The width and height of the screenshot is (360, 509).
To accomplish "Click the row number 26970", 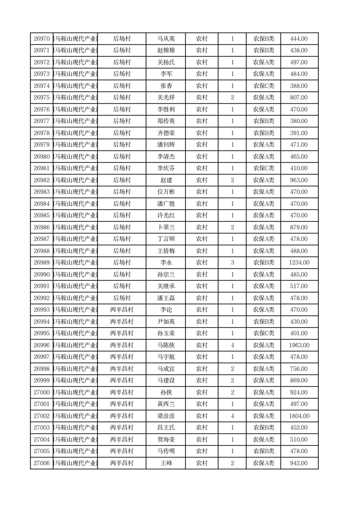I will (42, 39).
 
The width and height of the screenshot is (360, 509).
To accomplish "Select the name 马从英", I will (166, 39).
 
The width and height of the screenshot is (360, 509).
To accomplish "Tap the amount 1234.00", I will (299, 263).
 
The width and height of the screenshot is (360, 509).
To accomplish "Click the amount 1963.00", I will (299, 345).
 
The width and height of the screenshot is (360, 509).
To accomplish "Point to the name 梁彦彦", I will (166, 416).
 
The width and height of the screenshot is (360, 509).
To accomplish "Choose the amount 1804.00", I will (299, 416).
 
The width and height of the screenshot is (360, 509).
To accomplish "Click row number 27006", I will (42, 463).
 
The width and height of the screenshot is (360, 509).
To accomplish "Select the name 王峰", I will (166, 463).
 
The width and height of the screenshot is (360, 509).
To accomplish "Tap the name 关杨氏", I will (166, 62).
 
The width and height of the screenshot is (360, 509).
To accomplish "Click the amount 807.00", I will (299, 98).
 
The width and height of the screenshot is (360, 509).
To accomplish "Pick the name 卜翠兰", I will (166, 227).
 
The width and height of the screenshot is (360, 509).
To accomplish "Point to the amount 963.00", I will (299, 180).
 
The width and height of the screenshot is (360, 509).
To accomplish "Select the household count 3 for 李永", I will (232, 263).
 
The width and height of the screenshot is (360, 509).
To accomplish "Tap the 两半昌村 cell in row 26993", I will (122, 310).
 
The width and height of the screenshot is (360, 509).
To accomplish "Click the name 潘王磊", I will (166, 298).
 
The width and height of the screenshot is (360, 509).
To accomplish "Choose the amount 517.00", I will (299, 286).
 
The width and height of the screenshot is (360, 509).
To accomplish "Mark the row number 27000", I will (42, 392).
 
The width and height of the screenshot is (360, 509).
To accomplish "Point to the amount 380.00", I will (299, 121).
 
